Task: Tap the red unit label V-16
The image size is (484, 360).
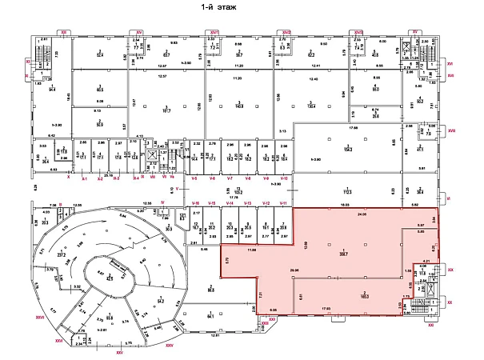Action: point(194,204)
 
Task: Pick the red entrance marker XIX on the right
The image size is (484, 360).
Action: point(450,270)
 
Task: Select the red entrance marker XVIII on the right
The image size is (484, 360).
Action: point(451,130)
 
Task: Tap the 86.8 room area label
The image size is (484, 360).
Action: point(210,289)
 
